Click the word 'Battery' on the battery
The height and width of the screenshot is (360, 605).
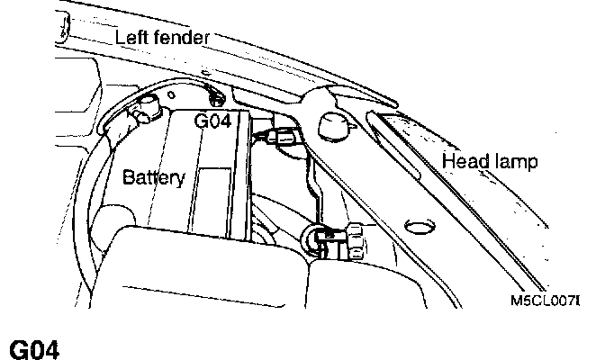click(154, 177)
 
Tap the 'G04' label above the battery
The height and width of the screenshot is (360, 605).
click(215, 121)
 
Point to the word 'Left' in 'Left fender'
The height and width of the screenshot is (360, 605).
click(131, 38)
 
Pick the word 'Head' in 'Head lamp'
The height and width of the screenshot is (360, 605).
click(465, 162)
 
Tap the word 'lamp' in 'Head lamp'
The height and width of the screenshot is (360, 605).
click(517, 162)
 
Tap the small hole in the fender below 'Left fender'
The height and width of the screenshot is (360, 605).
click(206, 71)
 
